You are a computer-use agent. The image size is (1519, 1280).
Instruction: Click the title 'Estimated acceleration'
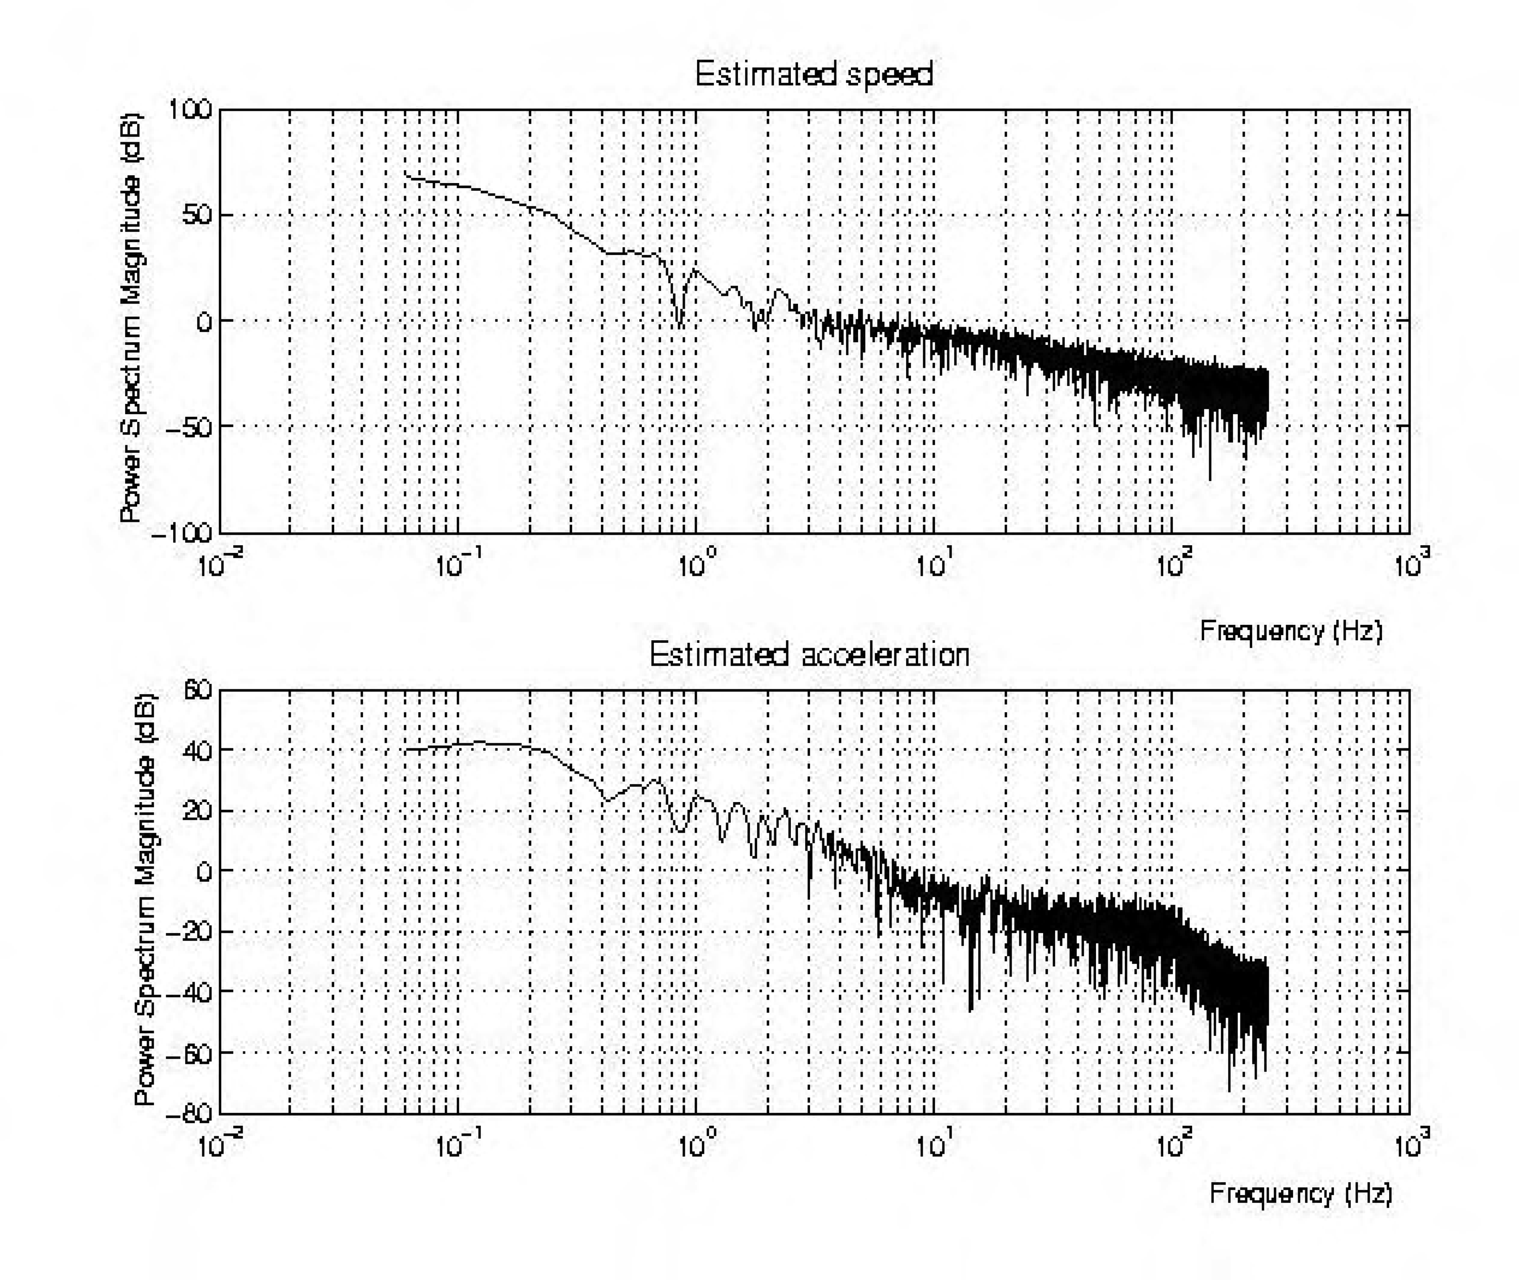(x=809, y=655)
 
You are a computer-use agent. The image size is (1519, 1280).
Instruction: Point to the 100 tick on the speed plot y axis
(x=190, y=110)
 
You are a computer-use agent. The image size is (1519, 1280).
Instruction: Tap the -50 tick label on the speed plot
(x=189, y=427)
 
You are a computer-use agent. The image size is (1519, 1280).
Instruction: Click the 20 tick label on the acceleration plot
(x=197, y=810)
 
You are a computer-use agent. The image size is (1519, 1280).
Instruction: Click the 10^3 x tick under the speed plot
(x=1411, y=564)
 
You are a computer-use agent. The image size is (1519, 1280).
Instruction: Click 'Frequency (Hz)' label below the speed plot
(x=1291, y=630)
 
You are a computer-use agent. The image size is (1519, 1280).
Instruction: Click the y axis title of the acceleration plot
(x=145, y=900)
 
